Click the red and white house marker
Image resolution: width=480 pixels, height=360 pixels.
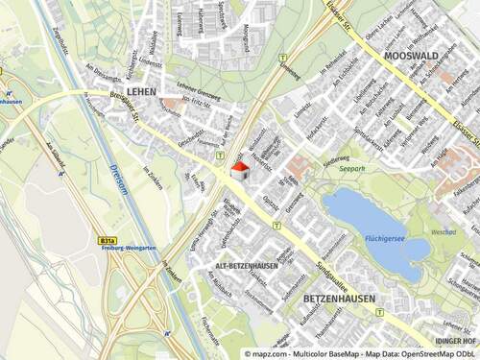[239, 171]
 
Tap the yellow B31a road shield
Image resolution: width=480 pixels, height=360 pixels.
[108, 241]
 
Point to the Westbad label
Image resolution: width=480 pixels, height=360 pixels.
[444, 231]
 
